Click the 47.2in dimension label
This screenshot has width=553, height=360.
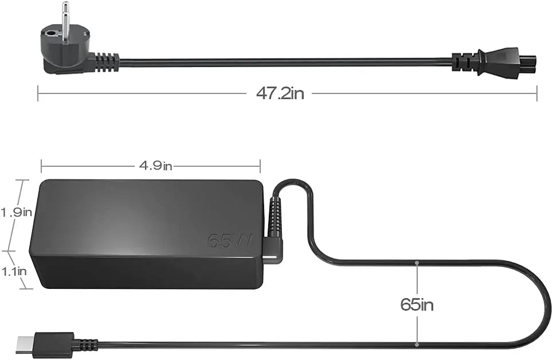[280, 93]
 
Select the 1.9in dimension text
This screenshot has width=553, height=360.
[15, 212]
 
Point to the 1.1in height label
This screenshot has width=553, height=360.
[14, 271]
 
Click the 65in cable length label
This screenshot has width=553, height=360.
[417, 304]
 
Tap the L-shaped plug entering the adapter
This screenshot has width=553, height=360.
[273, 249]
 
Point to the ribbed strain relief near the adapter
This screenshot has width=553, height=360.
[274, 215]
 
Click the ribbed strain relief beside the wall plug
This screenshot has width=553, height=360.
[106, 61]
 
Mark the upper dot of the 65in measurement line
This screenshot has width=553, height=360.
[417, 263]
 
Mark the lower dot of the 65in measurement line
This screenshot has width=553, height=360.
[417, 345]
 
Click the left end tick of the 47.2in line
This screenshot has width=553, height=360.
[38, 93]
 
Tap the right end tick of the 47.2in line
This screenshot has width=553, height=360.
[537, 93]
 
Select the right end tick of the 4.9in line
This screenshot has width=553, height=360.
[260, 166]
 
